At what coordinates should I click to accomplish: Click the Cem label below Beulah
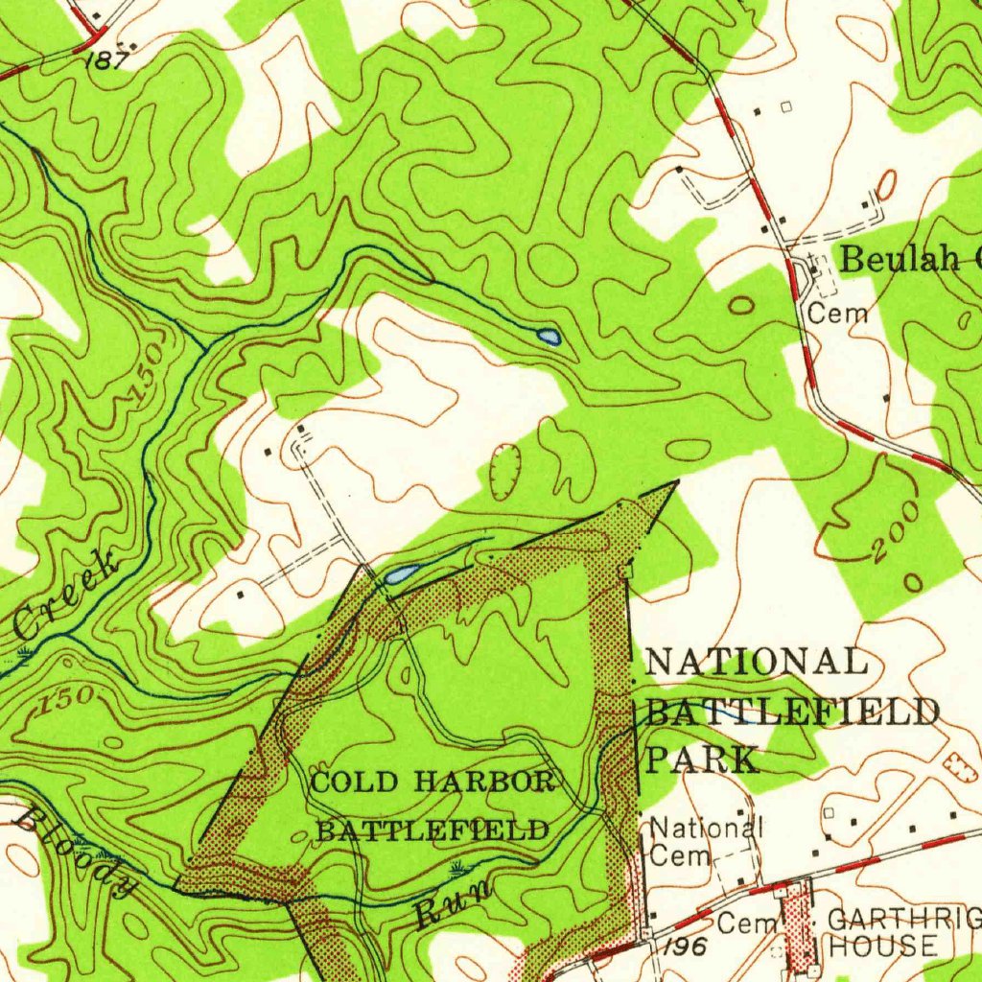[x=837, y=312]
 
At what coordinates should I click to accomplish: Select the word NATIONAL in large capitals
[x=757, y=663]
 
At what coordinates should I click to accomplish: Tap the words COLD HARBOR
[x=433, y=782]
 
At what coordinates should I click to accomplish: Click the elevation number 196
[x=684, y=947]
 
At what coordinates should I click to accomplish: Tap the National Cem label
[x=705, y=839]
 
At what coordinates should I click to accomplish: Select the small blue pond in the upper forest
[x=549, y=337]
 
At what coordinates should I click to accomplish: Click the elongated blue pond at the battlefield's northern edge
[x=401, y=574]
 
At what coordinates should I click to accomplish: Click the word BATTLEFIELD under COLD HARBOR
[x=433, y=830]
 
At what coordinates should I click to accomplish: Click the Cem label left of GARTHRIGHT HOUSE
[x=738, y=924]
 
